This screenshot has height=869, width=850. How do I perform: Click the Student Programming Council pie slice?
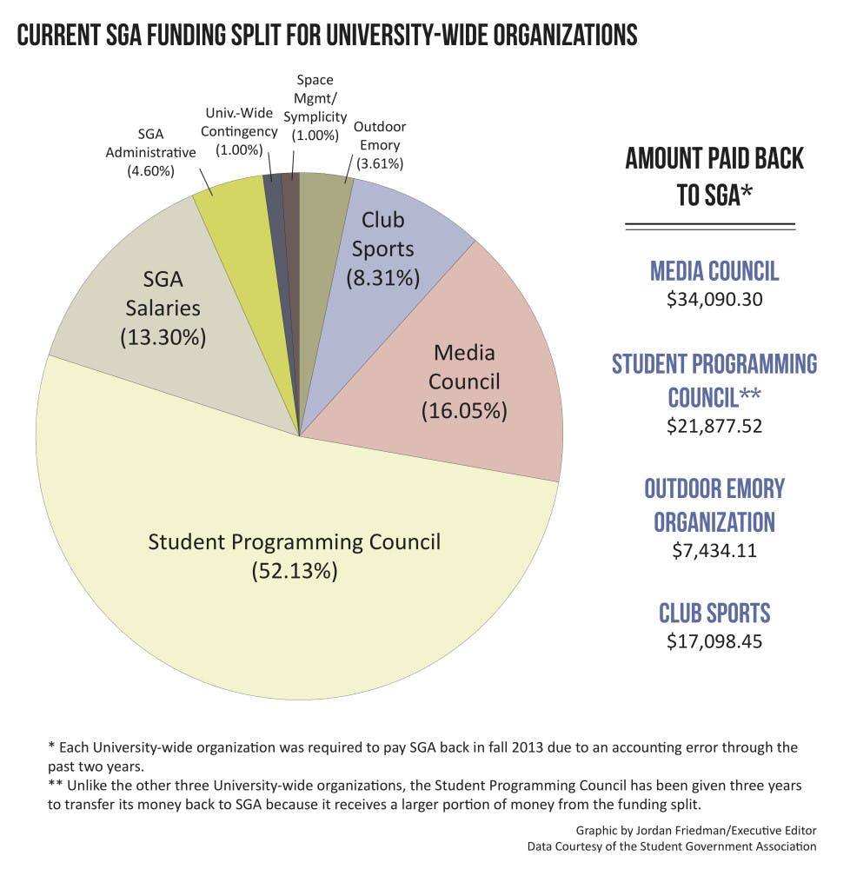296,608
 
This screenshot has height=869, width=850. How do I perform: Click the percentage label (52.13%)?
295,572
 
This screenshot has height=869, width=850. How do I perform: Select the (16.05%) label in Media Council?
463,410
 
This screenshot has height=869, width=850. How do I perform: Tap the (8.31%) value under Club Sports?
383,278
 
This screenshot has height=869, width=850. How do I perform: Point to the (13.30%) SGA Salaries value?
163,337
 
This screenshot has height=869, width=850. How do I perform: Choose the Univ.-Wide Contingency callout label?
241,131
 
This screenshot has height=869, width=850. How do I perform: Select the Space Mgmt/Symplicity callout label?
314,108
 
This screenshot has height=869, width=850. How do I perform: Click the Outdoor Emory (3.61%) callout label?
379,144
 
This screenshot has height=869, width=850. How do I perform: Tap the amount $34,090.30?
714,301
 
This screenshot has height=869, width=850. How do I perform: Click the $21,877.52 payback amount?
714,426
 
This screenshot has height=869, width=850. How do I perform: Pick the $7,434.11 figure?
714,551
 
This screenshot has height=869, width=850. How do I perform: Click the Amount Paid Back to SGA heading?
714,176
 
